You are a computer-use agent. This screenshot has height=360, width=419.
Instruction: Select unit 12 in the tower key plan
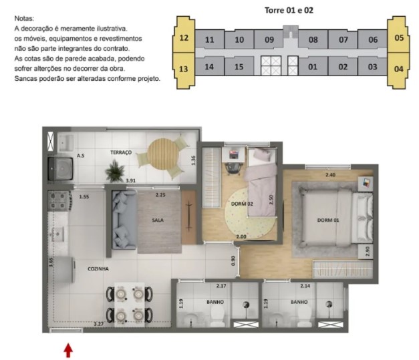[184, 38]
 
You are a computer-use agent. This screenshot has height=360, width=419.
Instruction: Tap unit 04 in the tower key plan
[398, 67]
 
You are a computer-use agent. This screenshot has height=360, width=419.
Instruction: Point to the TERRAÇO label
[121, 153]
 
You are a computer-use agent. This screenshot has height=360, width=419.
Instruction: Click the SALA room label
[158, 220]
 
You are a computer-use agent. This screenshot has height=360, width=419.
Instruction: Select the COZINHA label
[98, 268]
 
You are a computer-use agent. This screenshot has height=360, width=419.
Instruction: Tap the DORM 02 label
[241, 204]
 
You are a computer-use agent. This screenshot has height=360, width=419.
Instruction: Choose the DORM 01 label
[327, 220]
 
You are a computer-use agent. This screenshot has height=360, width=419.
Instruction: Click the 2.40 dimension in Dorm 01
[330, 175]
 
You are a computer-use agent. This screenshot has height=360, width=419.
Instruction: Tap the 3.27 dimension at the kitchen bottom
[98, 324]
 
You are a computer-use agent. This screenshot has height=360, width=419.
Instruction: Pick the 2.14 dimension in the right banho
[306, 286]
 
